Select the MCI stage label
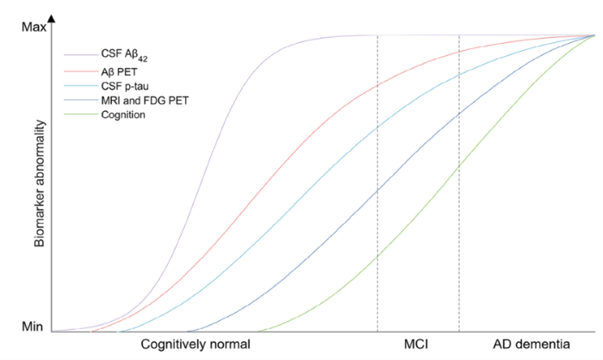(417, 344)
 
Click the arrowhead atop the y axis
(53, 18)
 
